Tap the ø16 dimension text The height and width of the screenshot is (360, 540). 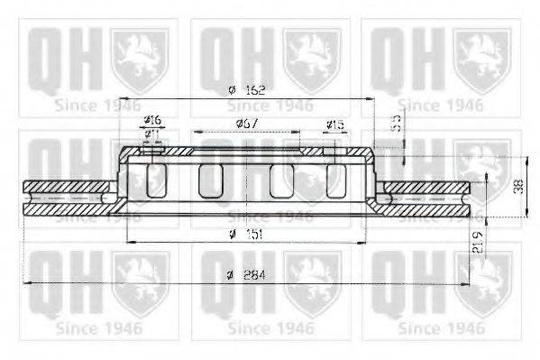pos(153,121)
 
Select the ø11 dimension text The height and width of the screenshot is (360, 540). pos(153,134)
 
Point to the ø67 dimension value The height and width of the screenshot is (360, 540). pos(248,122)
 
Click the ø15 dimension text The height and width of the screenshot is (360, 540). pos(334,124)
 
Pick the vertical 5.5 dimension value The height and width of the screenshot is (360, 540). pos(394,125)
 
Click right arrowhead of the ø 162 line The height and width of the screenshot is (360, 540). pos(371,98)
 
